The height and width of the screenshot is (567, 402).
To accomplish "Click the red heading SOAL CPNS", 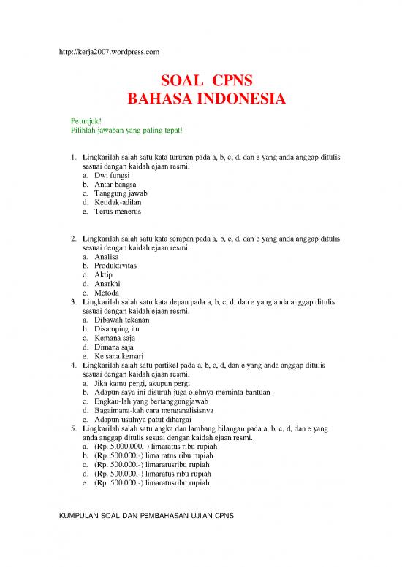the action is coord(201,80).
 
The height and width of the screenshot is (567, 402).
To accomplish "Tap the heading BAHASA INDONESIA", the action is coord(201,99).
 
